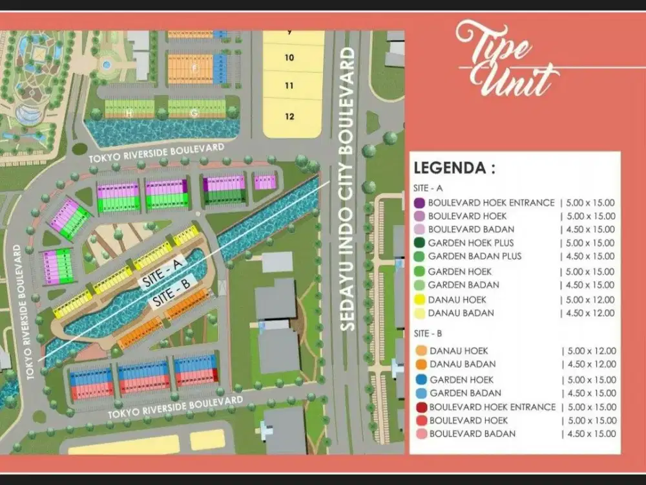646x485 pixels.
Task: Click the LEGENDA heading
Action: point(454,169)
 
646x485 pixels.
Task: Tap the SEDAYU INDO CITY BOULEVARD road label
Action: point(349,188)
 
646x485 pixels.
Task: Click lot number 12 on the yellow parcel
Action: point(289,116)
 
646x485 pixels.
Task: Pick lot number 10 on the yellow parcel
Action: point(289,58)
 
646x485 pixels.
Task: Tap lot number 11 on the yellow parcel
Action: point(289,85)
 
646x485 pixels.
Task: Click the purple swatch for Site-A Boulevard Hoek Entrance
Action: point(419,202)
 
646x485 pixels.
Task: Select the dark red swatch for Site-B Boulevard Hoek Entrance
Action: point(421,407)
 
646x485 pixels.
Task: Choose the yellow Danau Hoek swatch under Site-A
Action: point(419,299)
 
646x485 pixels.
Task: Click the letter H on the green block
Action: point(130,114)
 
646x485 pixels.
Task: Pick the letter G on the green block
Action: point(194,114)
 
